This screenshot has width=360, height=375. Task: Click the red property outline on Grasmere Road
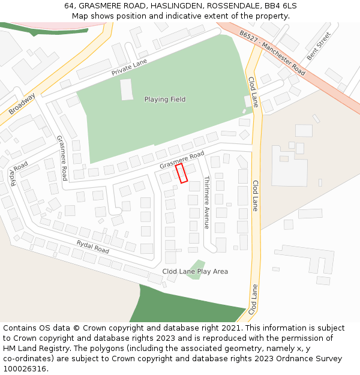[181, 173]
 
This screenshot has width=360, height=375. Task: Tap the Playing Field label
[165, 100]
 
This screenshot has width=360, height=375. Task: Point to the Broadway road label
[22, 104]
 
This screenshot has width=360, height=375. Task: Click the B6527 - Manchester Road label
[272, 53]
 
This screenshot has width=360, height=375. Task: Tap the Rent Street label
[319, 46]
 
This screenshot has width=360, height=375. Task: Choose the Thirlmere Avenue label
[206, 202]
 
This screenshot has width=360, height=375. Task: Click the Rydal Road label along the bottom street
[92, 247]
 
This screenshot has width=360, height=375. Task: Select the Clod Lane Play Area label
[195, 272]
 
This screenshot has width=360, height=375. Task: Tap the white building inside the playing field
[127, 89]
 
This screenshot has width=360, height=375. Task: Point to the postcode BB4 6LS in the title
[280, 5]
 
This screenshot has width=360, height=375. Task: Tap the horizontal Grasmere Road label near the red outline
[182, 160]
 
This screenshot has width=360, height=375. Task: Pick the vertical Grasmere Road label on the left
[62, 158]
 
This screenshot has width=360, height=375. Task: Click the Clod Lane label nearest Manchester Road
[253, 91]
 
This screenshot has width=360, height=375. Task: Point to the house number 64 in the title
[70, 5]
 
